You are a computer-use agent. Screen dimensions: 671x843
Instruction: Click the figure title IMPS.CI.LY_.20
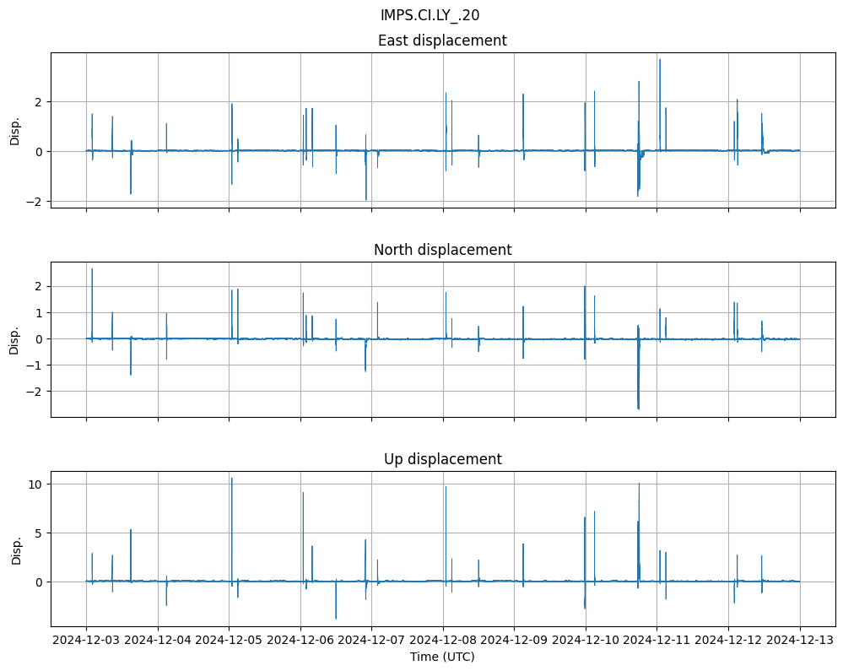[x=430, y=14]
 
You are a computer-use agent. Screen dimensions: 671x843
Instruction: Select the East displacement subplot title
[x=442, y=41]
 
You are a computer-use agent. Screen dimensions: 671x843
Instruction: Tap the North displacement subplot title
[x=442, y=250]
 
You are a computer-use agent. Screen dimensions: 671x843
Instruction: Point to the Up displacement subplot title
[x=442, y=459]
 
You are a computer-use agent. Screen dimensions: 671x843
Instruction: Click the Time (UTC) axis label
[x=442, y=656]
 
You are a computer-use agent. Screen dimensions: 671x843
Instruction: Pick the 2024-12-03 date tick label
[x=87, y=641]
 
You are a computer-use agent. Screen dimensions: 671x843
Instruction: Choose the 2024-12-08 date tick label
[x=444, y=641]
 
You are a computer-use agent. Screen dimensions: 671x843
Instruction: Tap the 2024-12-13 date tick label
[x=800, y=641]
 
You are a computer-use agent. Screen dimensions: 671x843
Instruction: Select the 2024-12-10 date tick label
[x=586, y=641]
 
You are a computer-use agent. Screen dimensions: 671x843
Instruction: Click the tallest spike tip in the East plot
[x=660, y=59]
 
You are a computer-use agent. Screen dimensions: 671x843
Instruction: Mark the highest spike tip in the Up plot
[x=232, y=479]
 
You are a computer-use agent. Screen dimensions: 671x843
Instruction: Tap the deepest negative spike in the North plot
[x=639, y=409]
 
